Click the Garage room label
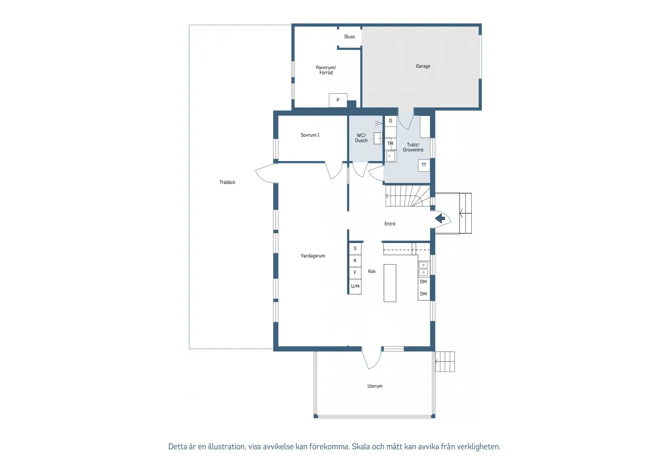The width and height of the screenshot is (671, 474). click(423, 66)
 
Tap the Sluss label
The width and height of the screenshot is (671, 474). click(349, 37)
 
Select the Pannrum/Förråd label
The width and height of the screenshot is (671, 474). click(326, 70)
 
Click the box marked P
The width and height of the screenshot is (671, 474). click(338, 100)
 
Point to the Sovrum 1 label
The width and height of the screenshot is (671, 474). click(310, 135)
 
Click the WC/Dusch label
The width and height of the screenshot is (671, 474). click(361, 138)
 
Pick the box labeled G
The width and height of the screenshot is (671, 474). click(391, 121)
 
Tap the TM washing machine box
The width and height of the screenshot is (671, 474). click(390, 144)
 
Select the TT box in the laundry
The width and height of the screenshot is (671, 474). click(424, 165)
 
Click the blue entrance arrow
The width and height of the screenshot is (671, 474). click(440, 218)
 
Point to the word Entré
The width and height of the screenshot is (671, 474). click(390, 224)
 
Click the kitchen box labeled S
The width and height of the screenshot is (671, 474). click(355, 248)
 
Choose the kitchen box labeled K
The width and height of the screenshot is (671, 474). click(355, 261)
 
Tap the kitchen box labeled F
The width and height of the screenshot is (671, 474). click(355, 273)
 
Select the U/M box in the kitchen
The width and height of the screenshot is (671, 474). click(355, 287)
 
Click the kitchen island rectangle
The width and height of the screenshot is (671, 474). click(390, 283)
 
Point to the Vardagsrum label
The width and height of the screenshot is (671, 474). click(313, 256)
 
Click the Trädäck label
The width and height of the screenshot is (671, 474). click(227, 182)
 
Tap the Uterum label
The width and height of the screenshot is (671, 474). click(375, 386)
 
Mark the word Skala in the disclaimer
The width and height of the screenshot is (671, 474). click(361, 446)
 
